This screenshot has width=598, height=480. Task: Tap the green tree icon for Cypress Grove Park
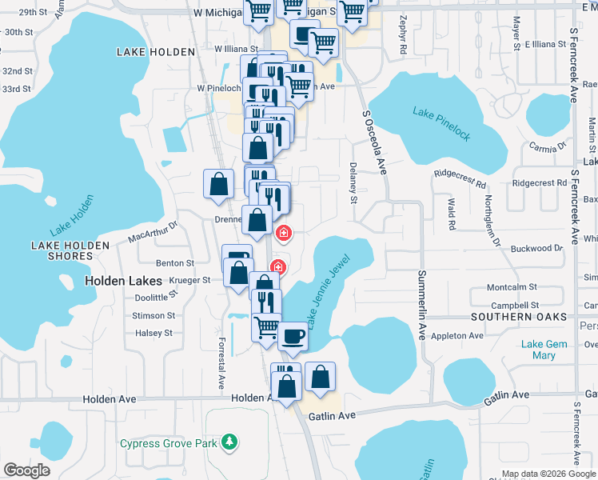pyautogui.click(x=229, y=441)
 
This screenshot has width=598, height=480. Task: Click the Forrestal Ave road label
pyautogui.click(x=221, y=363)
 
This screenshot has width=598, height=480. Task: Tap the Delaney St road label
pyautogui.click(x=353, y=185)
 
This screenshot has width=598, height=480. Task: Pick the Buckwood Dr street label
pyautogui.click(x=536, y=249)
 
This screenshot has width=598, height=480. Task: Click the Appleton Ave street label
pyautogui.click(x=457, y=336)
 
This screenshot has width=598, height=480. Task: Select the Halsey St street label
pyautogui.click(x=154, y=334)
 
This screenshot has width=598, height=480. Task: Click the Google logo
pyautogui.click(x=26, y=470)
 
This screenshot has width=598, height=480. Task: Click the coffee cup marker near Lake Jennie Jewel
pyautogui.click(x=293, y=337)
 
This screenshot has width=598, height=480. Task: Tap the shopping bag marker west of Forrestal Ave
pyautogui.click(x=218, y=185)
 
